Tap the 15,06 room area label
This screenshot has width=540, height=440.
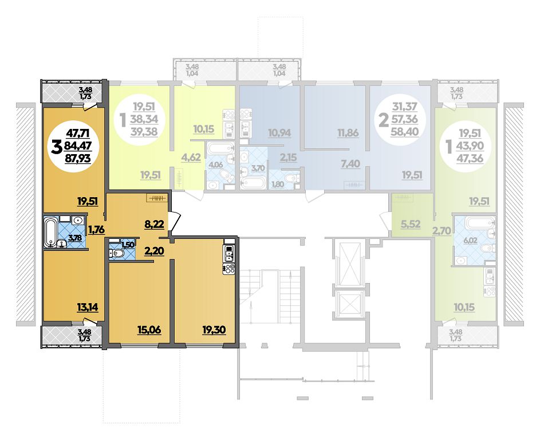[x=149, y=330]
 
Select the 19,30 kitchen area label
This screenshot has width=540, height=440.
[x=214, y=330]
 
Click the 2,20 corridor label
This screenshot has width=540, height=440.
[x=153, y=251]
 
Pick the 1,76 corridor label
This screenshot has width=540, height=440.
[x=96, y=229]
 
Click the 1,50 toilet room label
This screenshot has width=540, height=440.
[x=127, y=245]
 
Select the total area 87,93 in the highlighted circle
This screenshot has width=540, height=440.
[x=78, y=158]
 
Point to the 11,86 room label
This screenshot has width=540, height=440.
[x=348, y=132]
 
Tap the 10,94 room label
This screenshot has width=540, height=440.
[x=279, y=132]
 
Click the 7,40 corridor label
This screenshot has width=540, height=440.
[x=350, y=163]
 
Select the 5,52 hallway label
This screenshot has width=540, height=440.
[x=411, y=224]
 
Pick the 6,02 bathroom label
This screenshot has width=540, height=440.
[x=471, y=240]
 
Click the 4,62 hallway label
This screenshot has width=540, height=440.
[x=191, y=158]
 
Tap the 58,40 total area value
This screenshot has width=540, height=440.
[x=405, y=131]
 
